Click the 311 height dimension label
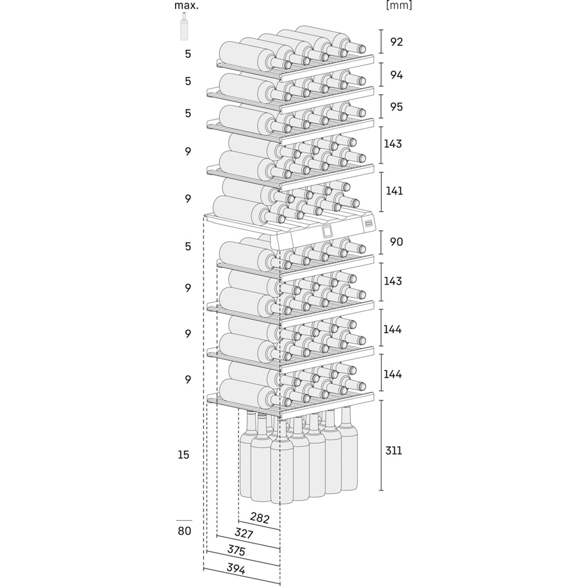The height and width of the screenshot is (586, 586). point(394,450)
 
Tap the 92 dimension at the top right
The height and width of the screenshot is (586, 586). point(397,42)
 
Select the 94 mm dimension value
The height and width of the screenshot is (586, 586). point(397,75)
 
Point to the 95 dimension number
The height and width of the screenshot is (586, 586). point(397,107)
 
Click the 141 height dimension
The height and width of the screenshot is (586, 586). point(394,191)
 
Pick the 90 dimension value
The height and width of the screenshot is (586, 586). point(397,242)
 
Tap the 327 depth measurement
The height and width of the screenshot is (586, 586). point(244,533)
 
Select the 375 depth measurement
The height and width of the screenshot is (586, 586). point(236,551)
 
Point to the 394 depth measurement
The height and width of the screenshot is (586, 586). point(236,569)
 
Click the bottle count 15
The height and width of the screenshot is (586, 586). point(184,455)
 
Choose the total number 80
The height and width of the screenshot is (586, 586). point(184,530)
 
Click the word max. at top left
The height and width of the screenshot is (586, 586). point(186,6)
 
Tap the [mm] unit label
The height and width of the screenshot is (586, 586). point(399,5)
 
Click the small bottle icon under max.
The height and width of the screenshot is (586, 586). point(184,26)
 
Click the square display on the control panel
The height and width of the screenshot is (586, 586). point(327,232)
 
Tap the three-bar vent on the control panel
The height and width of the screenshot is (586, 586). point(369,224)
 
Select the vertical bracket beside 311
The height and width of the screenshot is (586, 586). point(381,445)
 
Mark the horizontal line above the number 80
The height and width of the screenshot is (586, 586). point(184,520)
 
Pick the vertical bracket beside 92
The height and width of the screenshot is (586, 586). point(381,42)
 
